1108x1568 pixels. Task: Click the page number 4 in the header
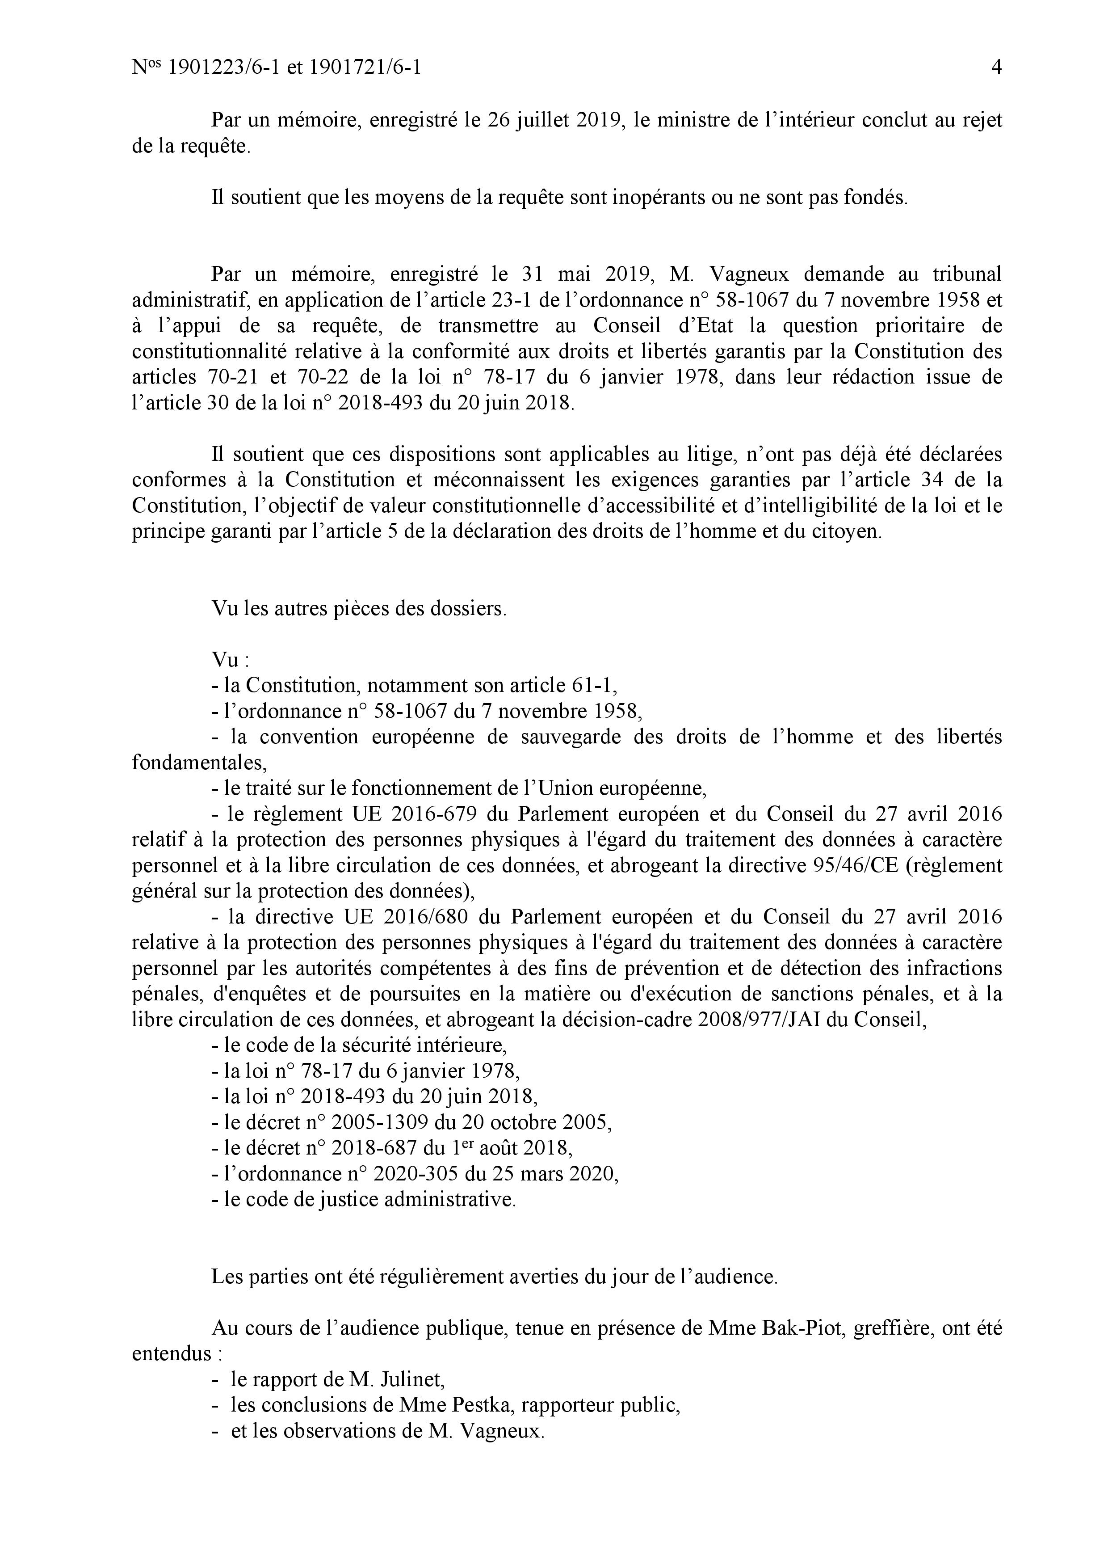pos(996,67)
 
